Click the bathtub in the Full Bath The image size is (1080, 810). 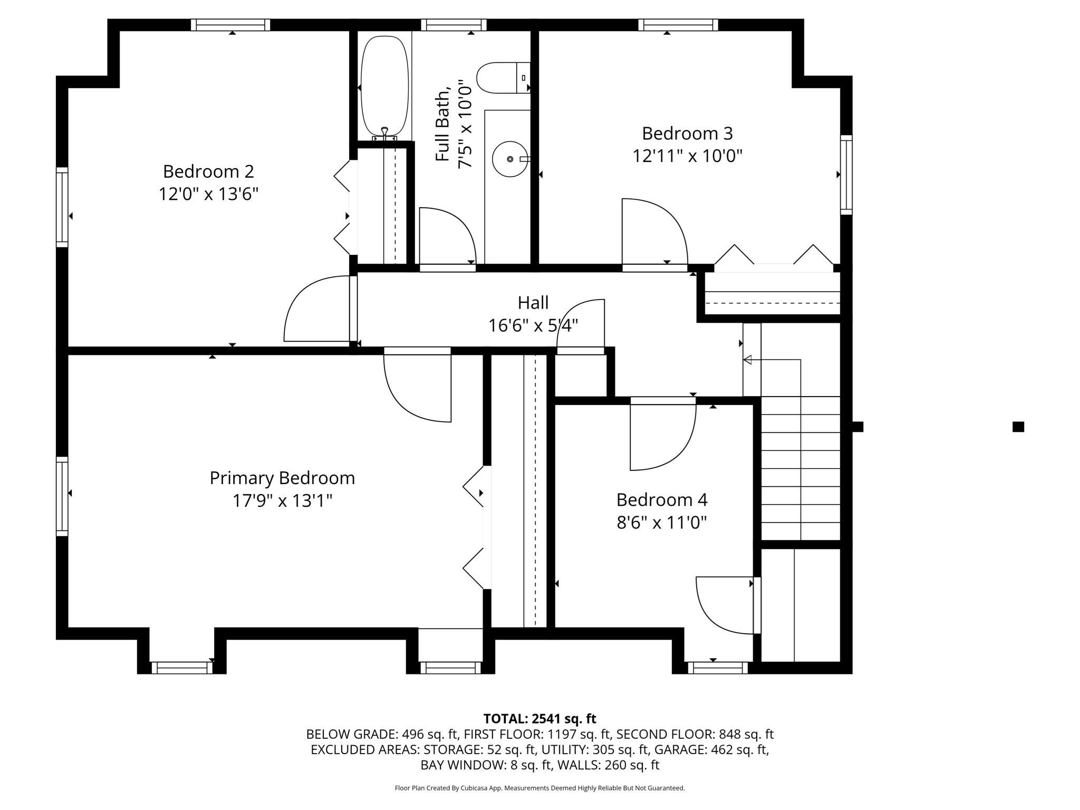coord(384,87)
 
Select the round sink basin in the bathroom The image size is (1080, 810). coord(510,159)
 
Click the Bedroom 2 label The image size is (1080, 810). coord(208,171)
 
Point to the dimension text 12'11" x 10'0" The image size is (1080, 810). coord(687,156)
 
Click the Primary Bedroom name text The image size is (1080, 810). coord(282,478)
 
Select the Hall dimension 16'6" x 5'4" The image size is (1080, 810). coord(533,325)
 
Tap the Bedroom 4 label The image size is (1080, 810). coord(662,499)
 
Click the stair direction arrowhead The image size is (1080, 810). coord(747,360)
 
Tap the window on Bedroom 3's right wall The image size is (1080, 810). coord(846,175)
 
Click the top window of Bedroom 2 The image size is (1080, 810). coord(230,25)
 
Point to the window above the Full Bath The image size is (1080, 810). coord(454,25)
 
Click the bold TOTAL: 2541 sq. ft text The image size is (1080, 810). coord(539,718)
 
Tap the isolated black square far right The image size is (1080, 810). coord(1018,427)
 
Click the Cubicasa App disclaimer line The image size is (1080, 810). coord(539,788)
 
